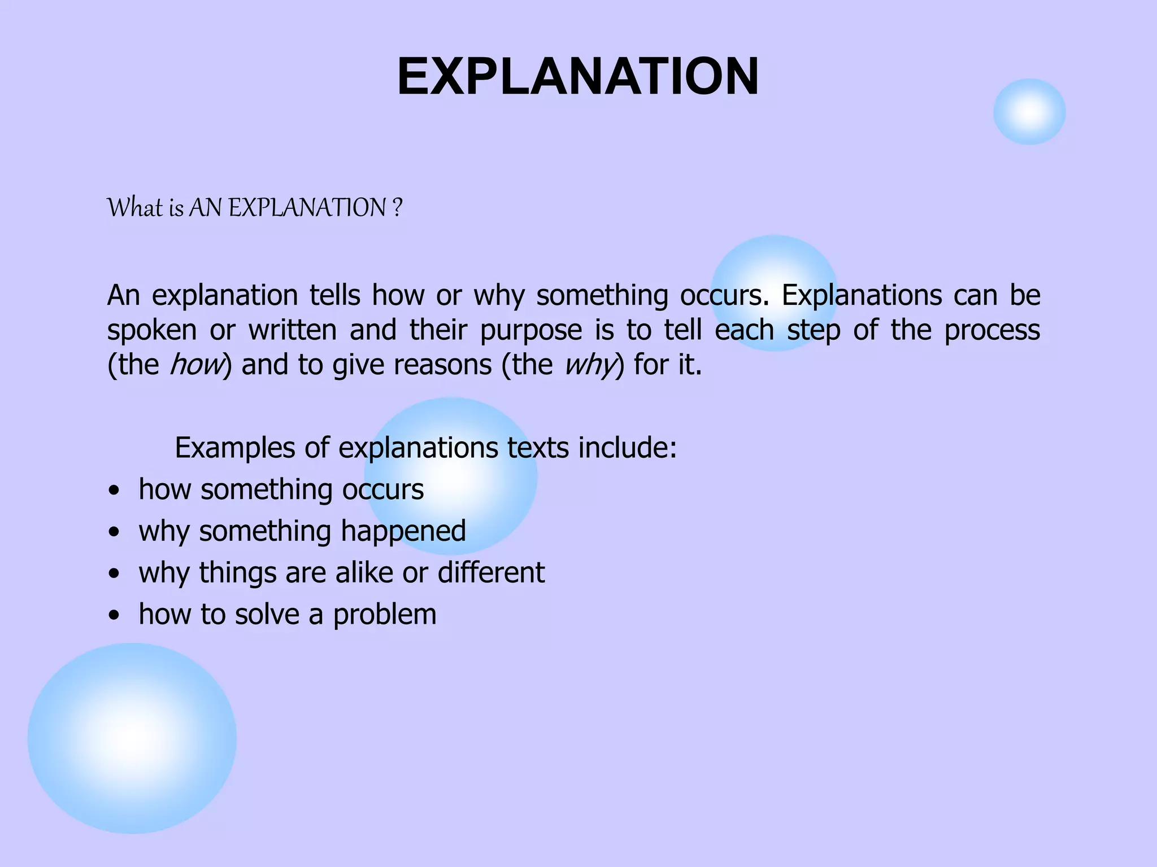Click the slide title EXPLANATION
coord(578,77)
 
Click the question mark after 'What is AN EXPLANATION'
coord(397,208)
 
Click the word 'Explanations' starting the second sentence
coord(862,295)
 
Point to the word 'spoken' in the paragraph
coord(151,331)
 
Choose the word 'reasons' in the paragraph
coord(442,365)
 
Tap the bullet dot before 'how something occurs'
coord(115,491)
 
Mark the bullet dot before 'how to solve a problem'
coord(115,616)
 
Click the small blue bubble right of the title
coord(1029,112)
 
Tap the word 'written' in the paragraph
coord(293,330)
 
